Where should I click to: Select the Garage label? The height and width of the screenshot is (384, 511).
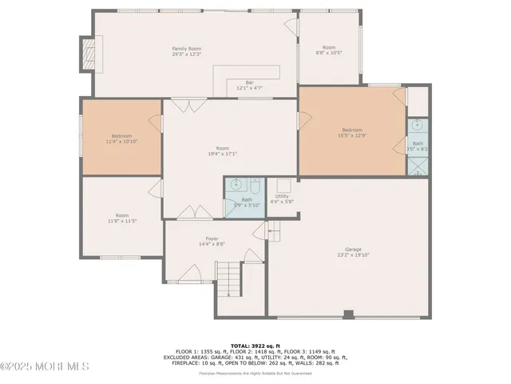353,252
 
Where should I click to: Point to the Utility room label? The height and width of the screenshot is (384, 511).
282,198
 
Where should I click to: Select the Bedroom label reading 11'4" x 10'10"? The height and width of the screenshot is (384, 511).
122,138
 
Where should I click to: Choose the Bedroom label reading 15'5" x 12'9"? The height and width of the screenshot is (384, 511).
352,132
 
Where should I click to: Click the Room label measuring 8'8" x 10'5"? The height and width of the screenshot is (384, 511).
328,50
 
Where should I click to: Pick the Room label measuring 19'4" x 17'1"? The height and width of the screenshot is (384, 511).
222,150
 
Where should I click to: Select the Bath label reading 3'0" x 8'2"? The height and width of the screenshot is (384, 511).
418,146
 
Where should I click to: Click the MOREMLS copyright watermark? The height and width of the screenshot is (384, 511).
45,367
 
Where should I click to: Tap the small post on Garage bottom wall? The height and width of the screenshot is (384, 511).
347,314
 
